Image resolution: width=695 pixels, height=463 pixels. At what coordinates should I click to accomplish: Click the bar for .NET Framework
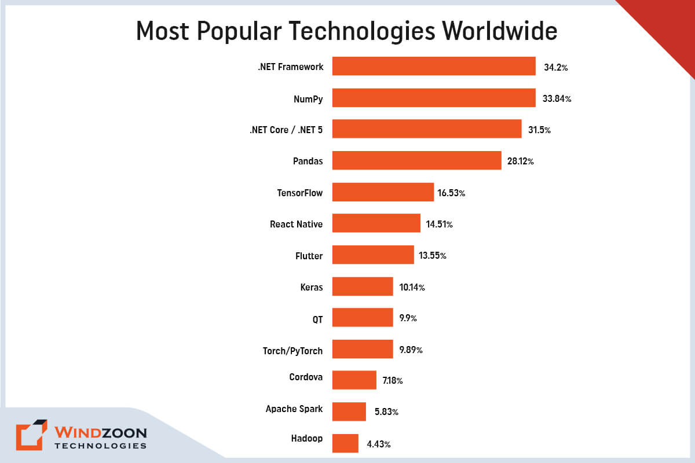(434, 67)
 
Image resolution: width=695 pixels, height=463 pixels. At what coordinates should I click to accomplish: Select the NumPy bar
(434, 98)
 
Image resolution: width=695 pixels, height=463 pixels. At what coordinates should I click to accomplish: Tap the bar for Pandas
(416, 160)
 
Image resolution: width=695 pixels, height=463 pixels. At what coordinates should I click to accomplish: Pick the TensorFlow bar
(383, 192)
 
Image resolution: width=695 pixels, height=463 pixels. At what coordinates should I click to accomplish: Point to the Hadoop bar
(345, 443)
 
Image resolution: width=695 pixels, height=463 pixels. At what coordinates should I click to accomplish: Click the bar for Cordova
(354, 380)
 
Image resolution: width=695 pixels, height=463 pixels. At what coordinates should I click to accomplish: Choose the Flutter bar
(373, 255)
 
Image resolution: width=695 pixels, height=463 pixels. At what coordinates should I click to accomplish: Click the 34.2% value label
(555, 68)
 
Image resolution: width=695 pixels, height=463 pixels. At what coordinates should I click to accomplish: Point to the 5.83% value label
(386, 412)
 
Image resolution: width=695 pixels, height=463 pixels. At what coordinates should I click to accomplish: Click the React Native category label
(296, 224)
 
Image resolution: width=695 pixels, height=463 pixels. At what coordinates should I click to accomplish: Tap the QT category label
(317, 318)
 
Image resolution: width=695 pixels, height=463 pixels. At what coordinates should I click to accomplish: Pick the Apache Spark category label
(294, 409)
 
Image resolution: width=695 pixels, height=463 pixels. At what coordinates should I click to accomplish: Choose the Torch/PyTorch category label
(292, 350)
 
